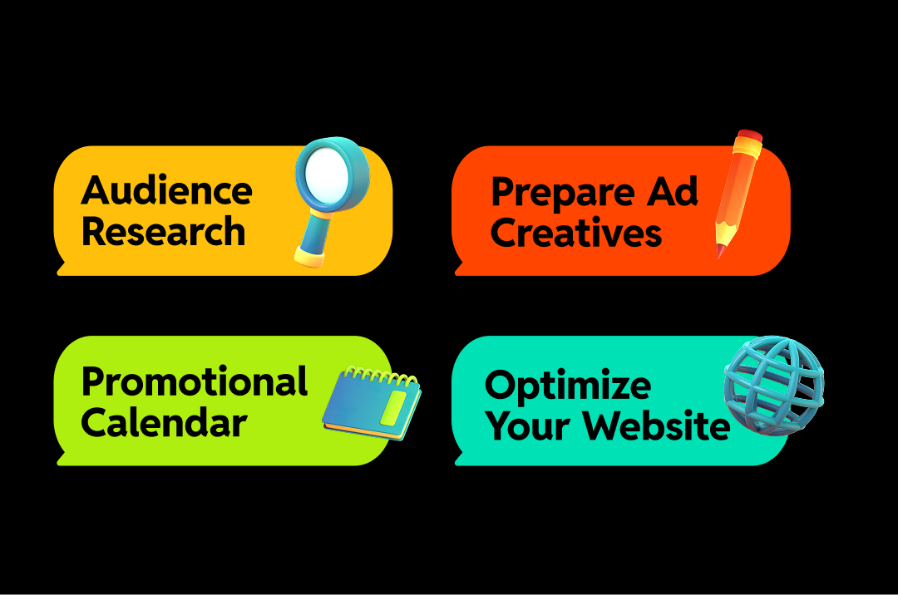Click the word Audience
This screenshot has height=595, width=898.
(166, 190)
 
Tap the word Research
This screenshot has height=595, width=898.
(163, 231)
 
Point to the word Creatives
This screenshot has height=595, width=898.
(575, 233)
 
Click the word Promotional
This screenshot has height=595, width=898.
(195, 382)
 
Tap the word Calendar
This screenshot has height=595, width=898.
(164, 423)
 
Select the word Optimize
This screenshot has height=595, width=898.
(568, 386)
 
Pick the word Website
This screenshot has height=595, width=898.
(656, 426)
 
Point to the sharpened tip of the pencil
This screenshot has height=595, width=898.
(720, 252)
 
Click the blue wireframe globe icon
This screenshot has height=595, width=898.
(772, 385)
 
